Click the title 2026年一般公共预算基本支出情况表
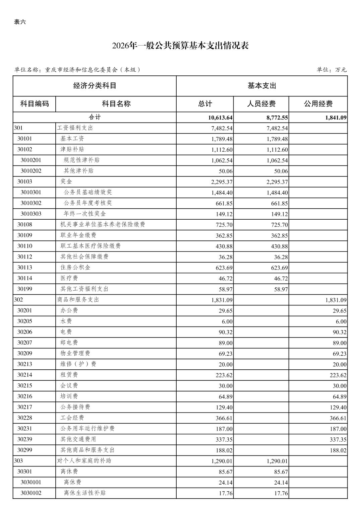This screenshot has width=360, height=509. pyautogui.click(x=180, y=46)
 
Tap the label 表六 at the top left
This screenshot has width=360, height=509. pyautogui.click(x=20, y=22)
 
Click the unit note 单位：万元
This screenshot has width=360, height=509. pyautogui.click(x=332, y=70)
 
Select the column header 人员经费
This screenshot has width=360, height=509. pyautogui.click(x=261, y=104)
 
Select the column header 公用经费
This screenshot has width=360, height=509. pyautogui.click(x=318, y=104)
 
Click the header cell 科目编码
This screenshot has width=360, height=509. pyautogui.click(x=35, y=104)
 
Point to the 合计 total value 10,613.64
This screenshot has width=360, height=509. pyautogui.click(x=220, y=118)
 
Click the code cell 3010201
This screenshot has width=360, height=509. pyautogui.click(x=31, y=160)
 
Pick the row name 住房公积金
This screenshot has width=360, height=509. pyautogui.click(x=75, y=268)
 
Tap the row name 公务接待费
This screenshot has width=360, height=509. pyautogui.click(x=75, y=407)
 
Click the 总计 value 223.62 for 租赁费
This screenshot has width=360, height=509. pyautogui.click(x=224, y=375)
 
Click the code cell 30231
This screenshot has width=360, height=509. pyautogui.click(x=25, y=429)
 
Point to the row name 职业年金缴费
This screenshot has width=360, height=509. pyautogui.click(x=78, y=235)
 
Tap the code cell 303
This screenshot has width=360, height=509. pyautogui.click(x=18, y=461)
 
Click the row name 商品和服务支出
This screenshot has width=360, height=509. pyautogui.click(x=78, y=300)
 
